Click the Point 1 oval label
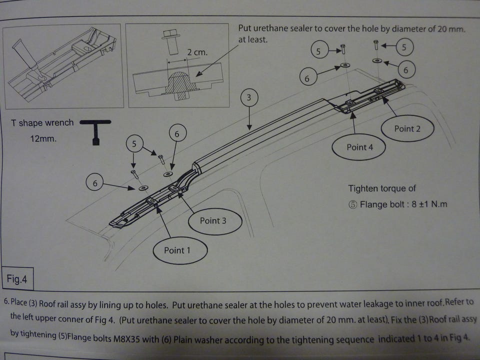click(177, 250)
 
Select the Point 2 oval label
click(407, 128)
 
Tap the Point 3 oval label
click(213, 220)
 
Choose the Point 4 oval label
click(359, 147)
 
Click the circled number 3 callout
click(249, 98)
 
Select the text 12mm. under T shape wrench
click(43, 138)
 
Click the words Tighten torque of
click(382, 188)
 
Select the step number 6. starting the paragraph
click(6, 302)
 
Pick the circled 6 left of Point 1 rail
click(94, 183)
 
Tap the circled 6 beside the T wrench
click(177, 134)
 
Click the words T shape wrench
click(42, 123)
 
